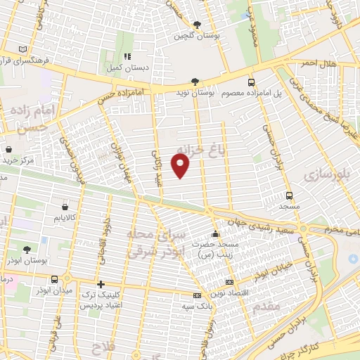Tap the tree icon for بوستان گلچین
(197, 25)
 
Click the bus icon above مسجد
(289, 195)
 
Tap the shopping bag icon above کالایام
(65, 207)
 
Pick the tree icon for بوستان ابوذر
(27, 250)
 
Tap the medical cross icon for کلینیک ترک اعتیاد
(101, 285)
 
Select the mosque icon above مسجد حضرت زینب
(214, 233)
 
